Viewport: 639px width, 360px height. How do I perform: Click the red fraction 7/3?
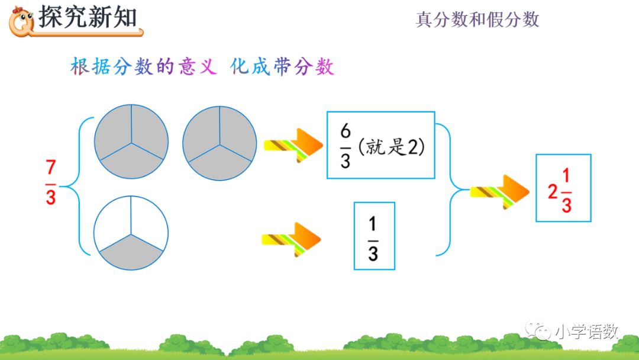click(x=51, y=182)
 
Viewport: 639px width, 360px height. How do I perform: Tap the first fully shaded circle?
click(x=131, y=142)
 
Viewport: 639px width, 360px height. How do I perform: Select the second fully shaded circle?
click(x=220, y=142)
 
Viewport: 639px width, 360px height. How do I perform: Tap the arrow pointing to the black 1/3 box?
click(x=291, y=239)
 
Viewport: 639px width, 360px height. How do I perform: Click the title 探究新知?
click(x=88, y=18)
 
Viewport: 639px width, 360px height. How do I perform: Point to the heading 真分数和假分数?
click(x=477, y=20)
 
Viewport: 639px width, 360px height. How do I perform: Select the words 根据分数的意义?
click(x=141, y=67)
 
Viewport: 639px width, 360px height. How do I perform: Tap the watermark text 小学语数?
click(x=586, y=332)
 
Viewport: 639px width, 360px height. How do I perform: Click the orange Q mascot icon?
click(x=21, y=21)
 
